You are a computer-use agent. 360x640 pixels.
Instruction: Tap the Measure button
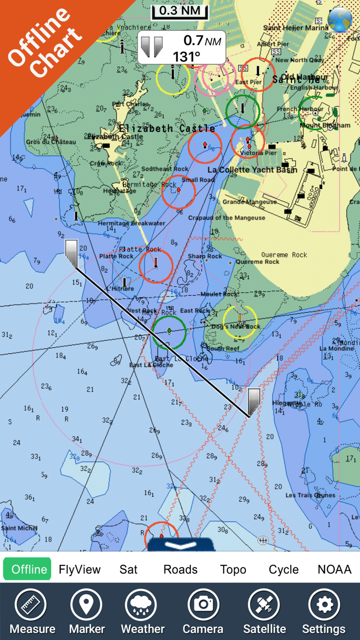point(32,611)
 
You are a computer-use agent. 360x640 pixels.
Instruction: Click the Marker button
point(87,611)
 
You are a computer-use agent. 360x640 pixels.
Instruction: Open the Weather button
point(142,611)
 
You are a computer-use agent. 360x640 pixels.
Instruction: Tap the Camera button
point(203,611)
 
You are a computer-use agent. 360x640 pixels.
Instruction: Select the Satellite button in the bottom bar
point(264,611)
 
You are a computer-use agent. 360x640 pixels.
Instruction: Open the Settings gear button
point(323,611)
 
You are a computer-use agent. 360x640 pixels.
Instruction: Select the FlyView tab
point(80,570)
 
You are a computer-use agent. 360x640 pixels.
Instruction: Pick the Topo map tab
point(233,570)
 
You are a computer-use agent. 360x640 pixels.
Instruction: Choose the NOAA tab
point(334,570)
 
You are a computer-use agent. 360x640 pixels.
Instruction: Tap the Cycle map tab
point(283,570)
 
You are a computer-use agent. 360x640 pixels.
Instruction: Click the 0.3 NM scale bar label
point(179,11)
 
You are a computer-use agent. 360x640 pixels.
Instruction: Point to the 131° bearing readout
point(187,56)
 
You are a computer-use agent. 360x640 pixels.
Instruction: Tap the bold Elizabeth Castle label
point(167,128)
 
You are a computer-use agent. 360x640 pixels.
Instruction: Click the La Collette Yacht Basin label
point(252,169)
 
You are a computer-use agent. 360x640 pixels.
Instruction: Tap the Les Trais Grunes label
point(310,495)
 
